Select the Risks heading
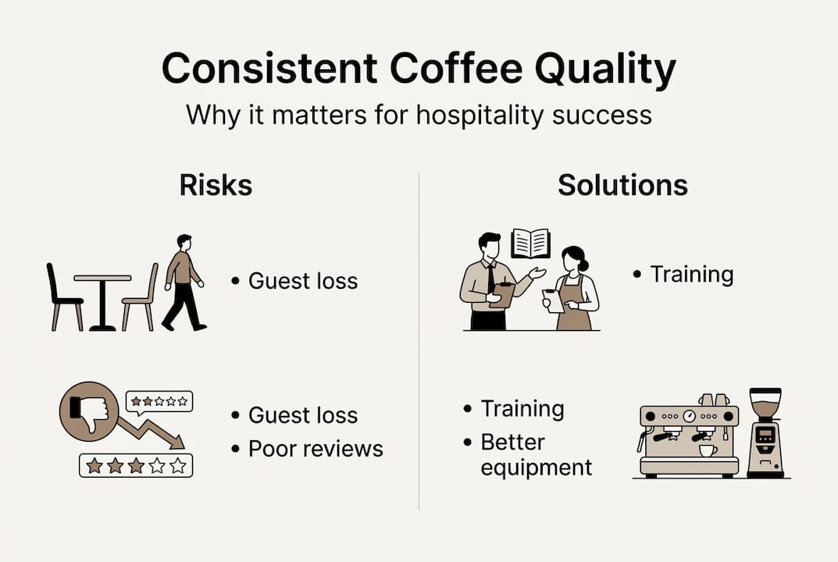coord(216,185)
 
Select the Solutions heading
coord(622,185)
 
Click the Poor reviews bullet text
coord(316,448)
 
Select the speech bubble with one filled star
coord(159,401)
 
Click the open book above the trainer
coord(530,244)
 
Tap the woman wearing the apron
coord(574,289)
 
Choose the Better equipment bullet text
coord(536,454)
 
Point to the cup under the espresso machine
coord(708,450)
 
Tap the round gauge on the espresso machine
coord(689,417)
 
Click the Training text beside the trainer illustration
coord(691,275)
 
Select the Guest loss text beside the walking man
coord(302,281)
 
